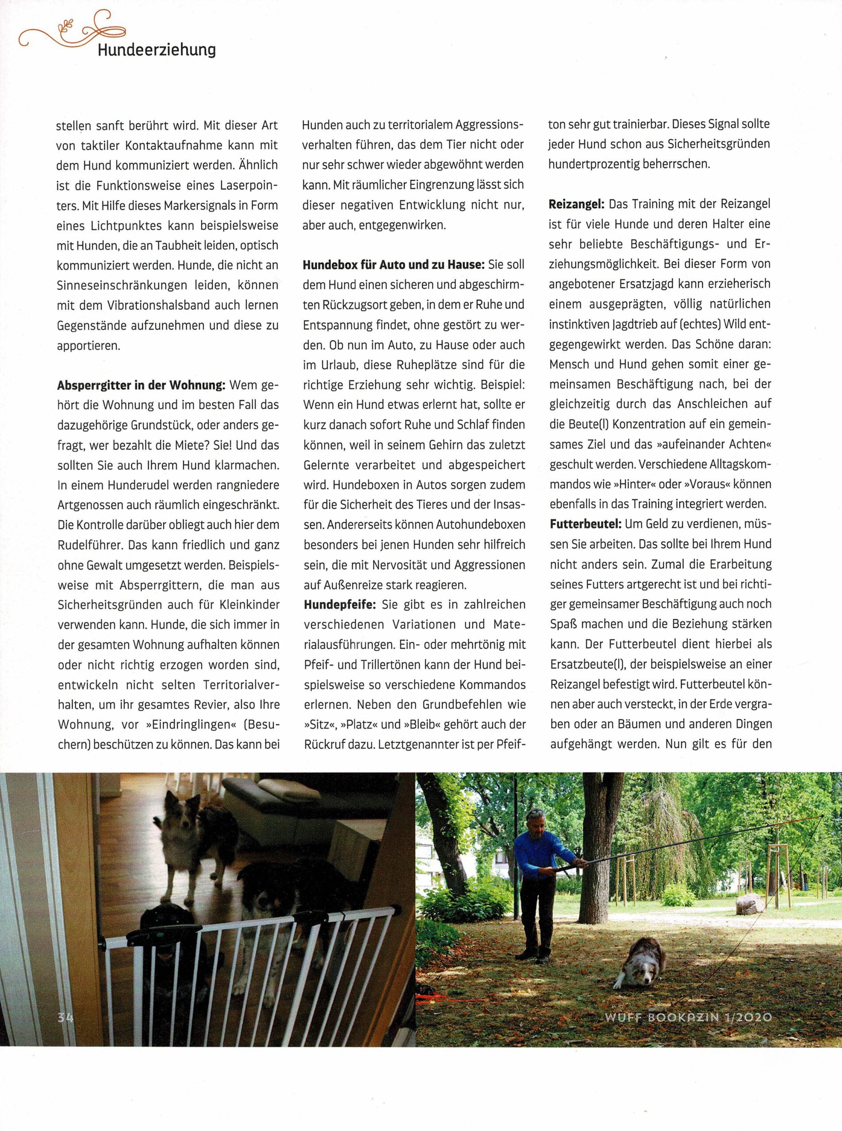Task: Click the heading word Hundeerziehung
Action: point(157,50)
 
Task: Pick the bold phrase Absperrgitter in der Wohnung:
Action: point(141,385)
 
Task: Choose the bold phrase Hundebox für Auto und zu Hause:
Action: point(393,265)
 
